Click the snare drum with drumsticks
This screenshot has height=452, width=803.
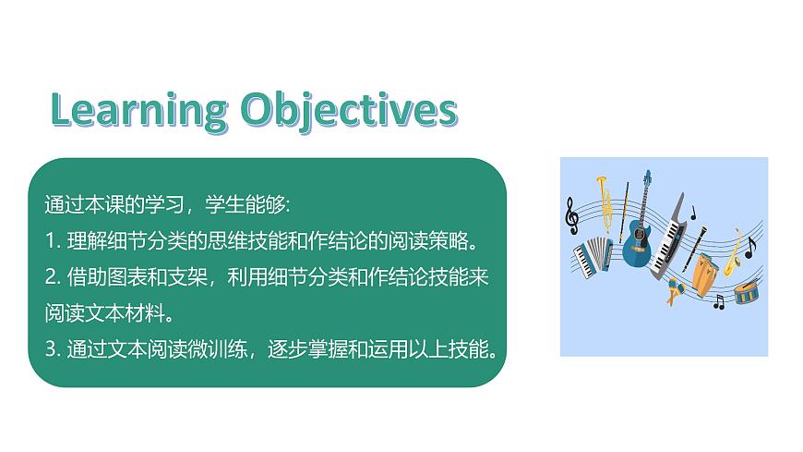(746, 292)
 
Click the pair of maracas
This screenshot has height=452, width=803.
(672, 291)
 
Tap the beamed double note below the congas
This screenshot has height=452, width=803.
(719, 301)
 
